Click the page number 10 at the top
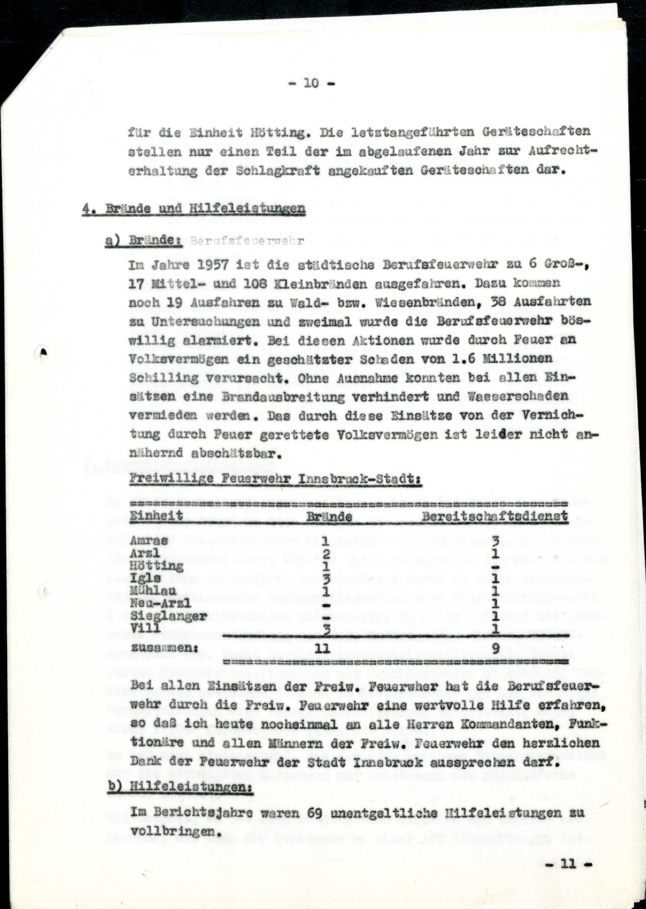coord(311,83)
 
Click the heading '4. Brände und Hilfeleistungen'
coord(194,209)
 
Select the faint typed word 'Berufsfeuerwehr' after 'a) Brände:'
coord(247,241)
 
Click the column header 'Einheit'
coord(156,517)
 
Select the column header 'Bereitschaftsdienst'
coord(495,516)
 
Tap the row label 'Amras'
coord(148,541)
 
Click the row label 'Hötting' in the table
coord(156,566)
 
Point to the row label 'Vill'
coord(145,627)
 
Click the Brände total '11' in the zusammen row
coord(322,648)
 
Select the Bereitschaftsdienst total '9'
coord(496,648)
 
